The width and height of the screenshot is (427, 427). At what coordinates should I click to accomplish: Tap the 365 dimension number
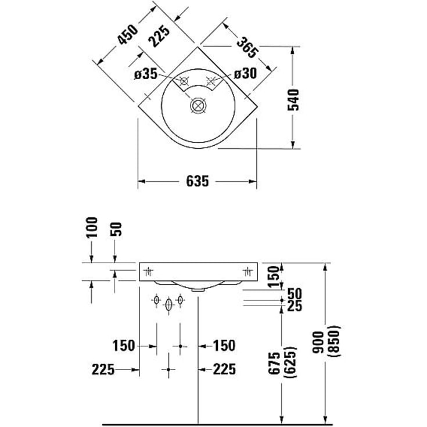pos(247,45)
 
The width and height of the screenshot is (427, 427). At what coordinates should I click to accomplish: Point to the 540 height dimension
pos(295,99)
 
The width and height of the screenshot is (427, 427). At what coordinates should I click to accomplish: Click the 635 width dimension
pos(198,181)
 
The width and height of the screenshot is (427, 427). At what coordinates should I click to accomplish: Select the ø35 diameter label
pos(145,74)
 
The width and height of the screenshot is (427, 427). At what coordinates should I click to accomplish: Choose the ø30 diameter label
pos(246,74)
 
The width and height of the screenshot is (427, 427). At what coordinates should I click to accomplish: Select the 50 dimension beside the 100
pos(116,230)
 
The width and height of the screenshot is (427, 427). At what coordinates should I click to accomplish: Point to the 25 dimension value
pos(295,306)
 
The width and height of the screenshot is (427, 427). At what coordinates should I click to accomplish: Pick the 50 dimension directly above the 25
pos(295,294)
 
